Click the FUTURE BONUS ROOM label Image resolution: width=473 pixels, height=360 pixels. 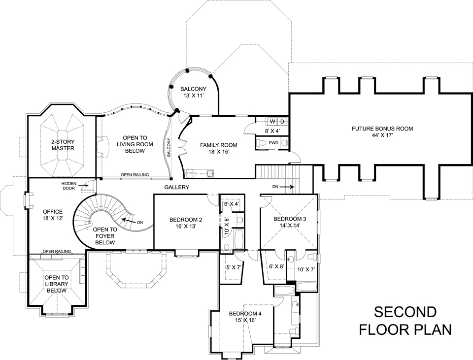382,129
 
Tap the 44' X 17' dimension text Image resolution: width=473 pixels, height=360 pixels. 382,135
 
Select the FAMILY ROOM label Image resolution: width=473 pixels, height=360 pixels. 218,145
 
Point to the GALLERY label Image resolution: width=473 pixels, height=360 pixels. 177,187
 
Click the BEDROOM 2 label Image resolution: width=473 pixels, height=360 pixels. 186,220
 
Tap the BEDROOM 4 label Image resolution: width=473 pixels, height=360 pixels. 245,313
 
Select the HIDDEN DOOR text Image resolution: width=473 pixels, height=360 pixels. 69,185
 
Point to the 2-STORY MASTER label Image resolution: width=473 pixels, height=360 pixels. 63,145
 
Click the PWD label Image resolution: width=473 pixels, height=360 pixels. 273,143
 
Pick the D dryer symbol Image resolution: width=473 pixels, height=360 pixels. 282,121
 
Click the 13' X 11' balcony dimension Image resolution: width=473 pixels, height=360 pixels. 193,96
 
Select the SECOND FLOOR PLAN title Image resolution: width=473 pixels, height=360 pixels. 405,321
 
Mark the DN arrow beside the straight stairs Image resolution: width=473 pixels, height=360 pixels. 286,187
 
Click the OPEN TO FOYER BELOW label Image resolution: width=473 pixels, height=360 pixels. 105,236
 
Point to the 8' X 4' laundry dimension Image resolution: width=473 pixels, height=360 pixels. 272,131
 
